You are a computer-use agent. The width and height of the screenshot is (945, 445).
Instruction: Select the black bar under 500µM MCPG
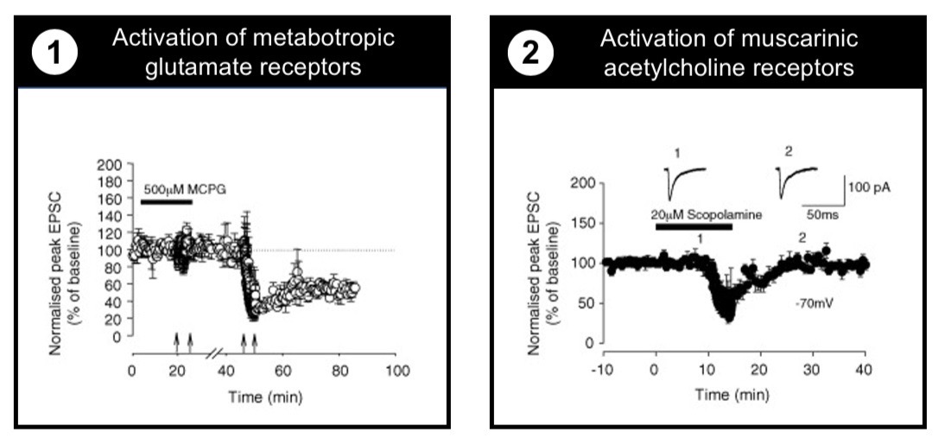click(x=166, y=202)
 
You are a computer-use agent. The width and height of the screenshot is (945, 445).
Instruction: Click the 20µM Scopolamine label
click(x=706, y=214)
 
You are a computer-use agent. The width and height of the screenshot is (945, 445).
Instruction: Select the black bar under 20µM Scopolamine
click(x=694, y=227)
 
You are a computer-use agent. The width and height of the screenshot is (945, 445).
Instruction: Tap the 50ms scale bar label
click(x=823, y=212)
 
